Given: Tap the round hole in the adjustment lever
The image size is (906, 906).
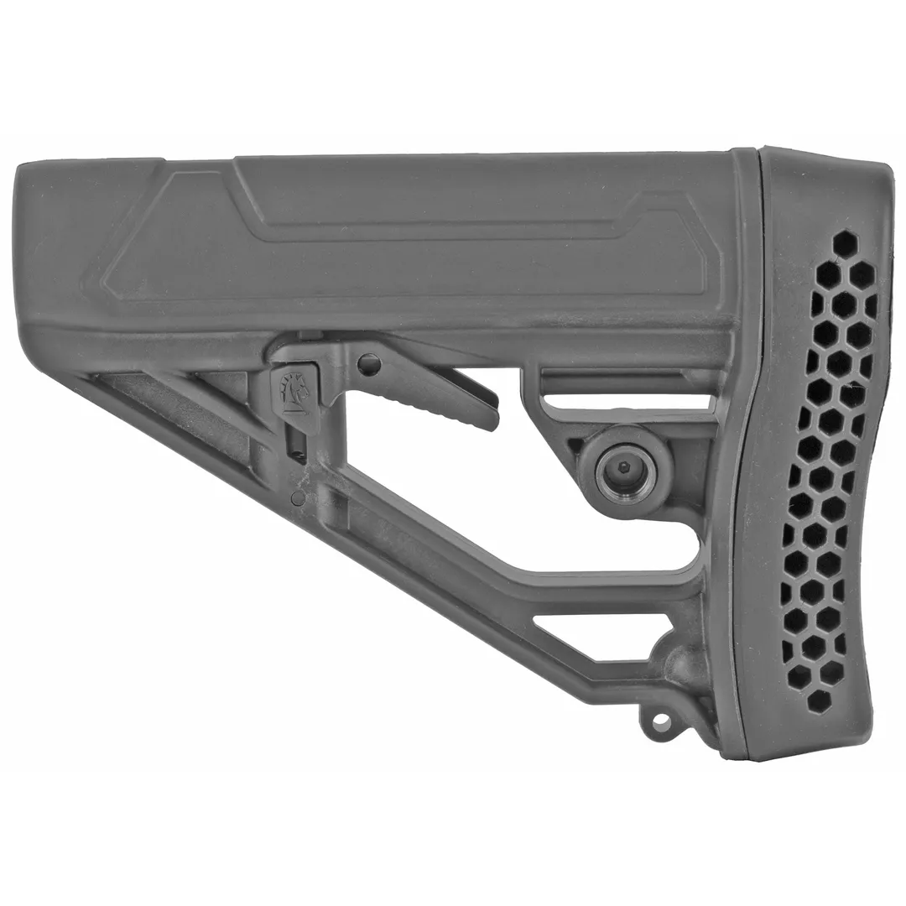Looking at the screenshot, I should pyautogui.click(x=368, y=364).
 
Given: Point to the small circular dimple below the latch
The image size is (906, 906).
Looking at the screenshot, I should pyautogui.click(x=295, y=499).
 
